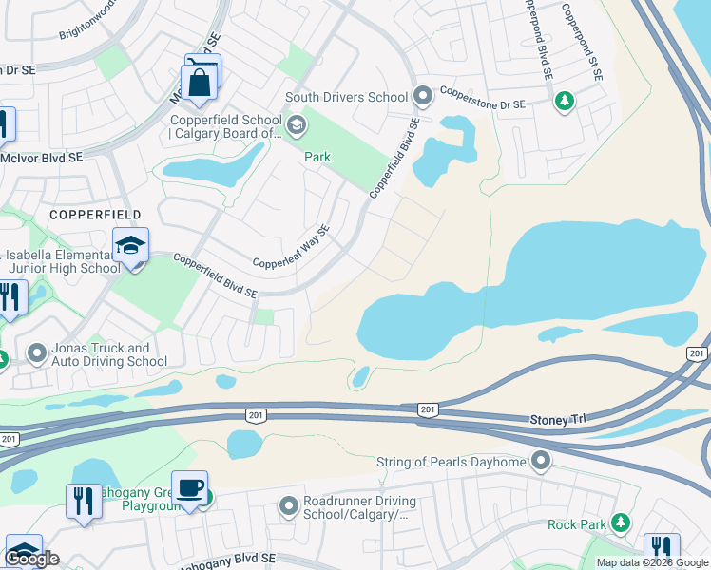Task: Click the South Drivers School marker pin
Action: (x=423, y=96)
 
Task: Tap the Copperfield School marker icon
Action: (x=296, y=125)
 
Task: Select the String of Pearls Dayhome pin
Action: (x=542, y=462)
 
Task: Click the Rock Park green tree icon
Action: (x=621, y=522)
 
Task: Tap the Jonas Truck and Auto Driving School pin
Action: (x=37, y=354)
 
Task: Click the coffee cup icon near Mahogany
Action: (x=190, y=488)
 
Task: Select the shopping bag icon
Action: (x=201, y=82)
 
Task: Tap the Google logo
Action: (x=31, y=559)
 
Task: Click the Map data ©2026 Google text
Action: (x=652, y=562)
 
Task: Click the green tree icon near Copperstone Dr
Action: (x=564, y=100)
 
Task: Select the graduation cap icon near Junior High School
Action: (x=130, y=246)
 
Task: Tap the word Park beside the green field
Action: (x=317, y=157)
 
